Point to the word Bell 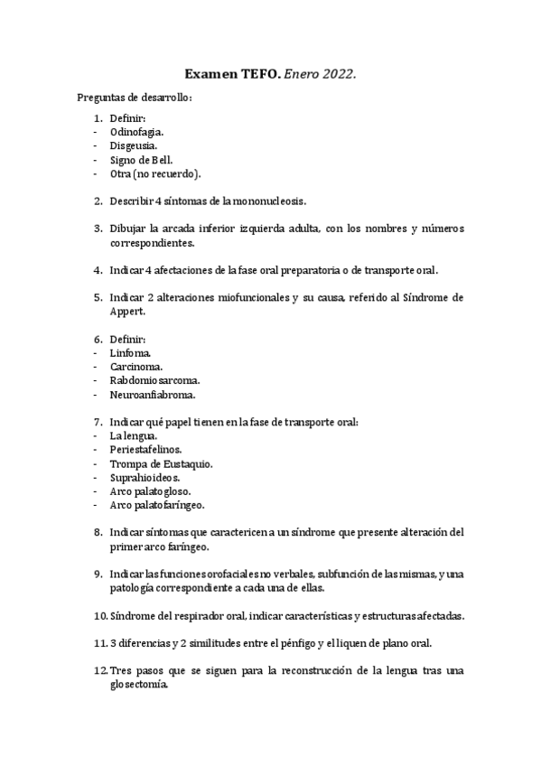173,160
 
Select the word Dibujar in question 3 127,229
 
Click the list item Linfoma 130,352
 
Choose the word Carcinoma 136,367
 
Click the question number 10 100,616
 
